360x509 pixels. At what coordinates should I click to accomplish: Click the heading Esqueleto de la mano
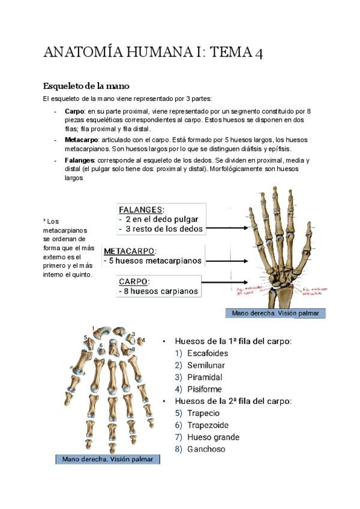point(86,86)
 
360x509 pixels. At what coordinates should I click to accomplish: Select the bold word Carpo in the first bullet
point(74,112)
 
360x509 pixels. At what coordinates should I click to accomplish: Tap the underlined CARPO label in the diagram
point(134,281)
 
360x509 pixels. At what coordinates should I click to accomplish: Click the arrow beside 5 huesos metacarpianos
point(227,261)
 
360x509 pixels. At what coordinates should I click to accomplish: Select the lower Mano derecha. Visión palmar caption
point(108,459)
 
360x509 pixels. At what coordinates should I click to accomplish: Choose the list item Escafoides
point(208,354)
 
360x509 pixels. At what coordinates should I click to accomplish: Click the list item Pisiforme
point(205,390)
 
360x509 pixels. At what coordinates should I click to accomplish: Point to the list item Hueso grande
point(213,438)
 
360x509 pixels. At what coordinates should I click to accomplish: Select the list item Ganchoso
point(206,450)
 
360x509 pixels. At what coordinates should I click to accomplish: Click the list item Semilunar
point(205,366)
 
